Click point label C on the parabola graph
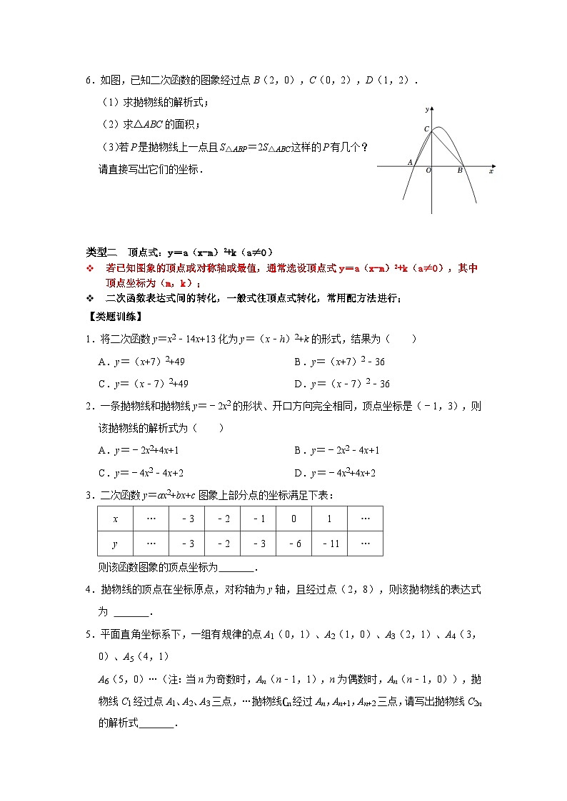426,129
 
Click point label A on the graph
410,163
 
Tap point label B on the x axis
460,171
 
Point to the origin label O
428,171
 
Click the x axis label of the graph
491,171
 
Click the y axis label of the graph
426,109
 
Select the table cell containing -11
329,544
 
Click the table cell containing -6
293,544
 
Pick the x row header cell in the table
115,519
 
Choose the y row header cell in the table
115,544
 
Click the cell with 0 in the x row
293,519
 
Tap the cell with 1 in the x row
329,519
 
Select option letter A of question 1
102,362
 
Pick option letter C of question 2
102,473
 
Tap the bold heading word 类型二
101,252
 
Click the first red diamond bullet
90,268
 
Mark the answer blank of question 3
236,568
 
